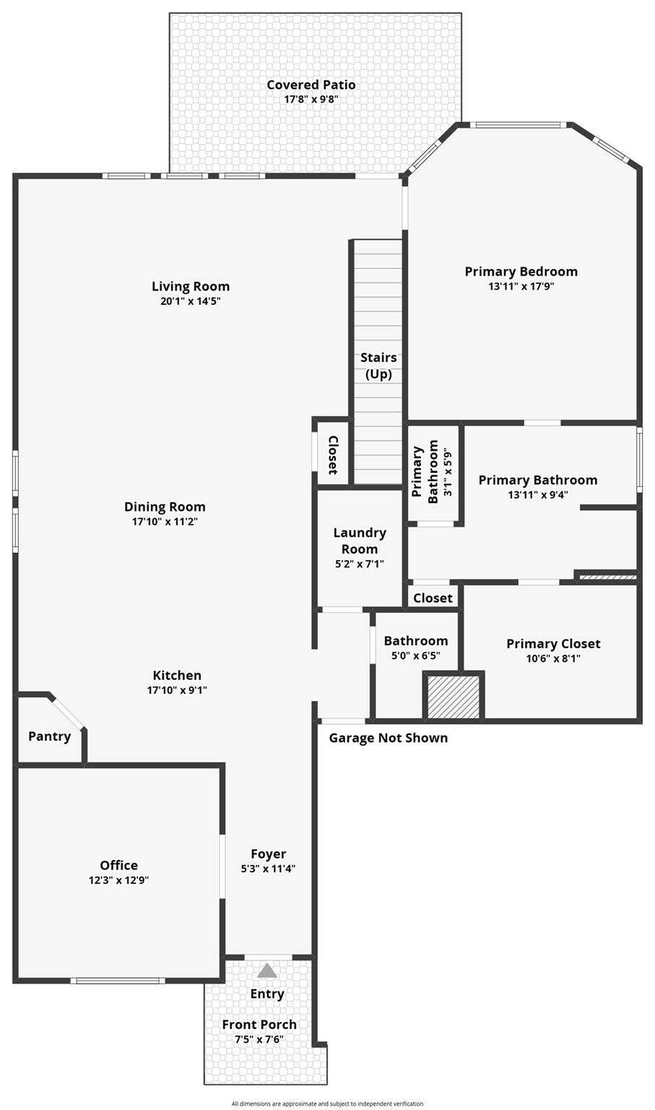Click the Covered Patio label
pos(311,85)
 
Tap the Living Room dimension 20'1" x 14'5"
pos(190,301)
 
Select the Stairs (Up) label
pos(378,366)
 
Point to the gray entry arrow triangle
pos(267,971)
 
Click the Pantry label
pos(50,736)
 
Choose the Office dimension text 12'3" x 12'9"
pos(119,880)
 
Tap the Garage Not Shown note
pos(388,738)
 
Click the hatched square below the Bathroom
pos(454,696)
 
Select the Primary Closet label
pos(553,644)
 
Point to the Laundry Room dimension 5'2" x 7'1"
pos(360,564)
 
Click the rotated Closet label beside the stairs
pos(333,455)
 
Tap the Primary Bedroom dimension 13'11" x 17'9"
pos(521,286)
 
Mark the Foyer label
pos(269,853)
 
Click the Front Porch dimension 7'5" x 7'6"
pos(259,1039)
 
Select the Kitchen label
pos(177,676)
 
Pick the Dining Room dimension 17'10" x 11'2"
pos(165,521)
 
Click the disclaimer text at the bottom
pos(327,1103)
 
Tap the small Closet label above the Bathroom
pos(433,598)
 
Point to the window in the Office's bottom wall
pos(117,981)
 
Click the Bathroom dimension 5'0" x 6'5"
pos(416,655)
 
